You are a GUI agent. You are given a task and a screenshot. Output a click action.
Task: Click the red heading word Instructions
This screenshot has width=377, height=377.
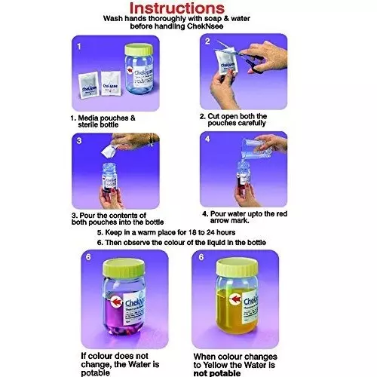(188, 8)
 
